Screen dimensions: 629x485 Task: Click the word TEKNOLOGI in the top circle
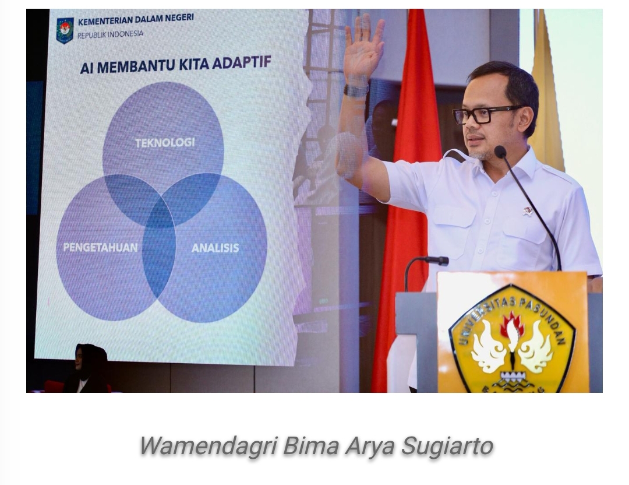click(165, 143)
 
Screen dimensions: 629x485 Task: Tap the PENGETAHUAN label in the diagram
click(100, 247)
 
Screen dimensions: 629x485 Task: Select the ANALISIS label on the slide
click(215, 248)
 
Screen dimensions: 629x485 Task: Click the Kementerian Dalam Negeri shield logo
click(65, 30)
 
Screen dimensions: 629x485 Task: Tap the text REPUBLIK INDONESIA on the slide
click(110, 34)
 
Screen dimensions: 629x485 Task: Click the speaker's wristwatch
click(356, 90)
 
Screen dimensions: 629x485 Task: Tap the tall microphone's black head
click(500, 152)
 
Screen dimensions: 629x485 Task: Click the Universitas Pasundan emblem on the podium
click(513, 338)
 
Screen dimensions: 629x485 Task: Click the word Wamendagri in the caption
click(207, 446)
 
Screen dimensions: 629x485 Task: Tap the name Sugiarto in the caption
click(447, 447)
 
